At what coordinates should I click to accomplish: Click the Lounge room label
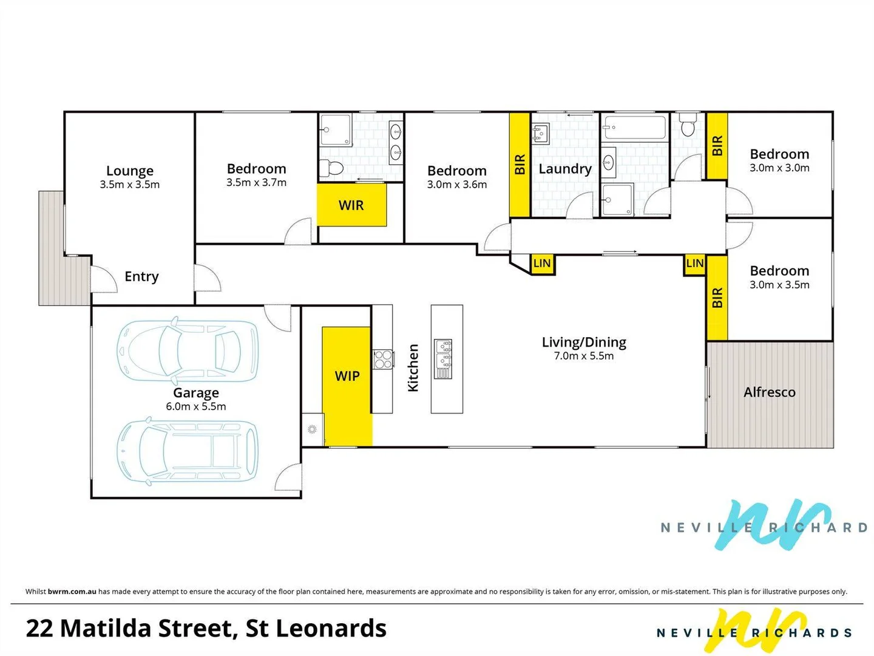pyautogui.click(x=129, y=171)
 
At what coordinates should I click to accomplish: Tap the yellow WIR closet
pyautogui.click(x=351, y=205)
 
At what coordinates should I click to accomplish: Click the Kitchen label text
pyautogui.click(x=413, y=367)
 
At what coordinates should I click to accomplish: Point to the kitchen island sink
pyautogui.click(x=443, y=359)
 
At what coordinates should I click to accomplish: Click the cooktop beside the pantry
pyautogui.click(x=382, y=360)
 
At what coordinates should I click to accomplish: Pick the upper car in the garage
pyautogui.click(x=187, y=350)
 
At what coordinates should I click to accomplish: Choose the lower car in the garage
pyautogui.click(x=187, y=451)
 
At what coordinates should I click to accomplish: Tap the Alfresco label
pyautogui.click(x=769, y=392)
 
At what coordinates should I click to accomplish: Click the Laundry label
pyautogui.click(x=564, y=169)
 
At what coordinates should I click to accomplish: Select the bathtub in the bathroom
pyautogui.click(x=634, y=128)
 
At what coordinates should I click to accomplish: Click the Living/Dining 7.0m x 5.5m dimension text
pyautogui.click(x=584, y=356)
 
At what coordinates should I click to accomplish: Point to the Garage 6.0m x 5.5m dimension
pyautogui.click(x=196, y=407)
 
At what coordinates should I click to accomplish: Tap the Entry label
pyautogui.click(x=141, y=277)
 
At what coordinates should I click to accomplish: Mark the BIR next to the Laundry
pyautogui.click(x=520, y=165)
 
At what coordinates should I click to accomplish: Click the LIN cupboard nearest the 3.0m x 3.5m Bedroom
pyautogui.click(x=694, y=264)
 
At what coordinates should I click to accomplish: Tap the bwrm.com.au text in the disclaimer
pyautogui.click(x=72, y=591)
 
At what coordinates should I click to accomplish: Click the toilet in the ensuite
pyautogui.click(x=331, y=168)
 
